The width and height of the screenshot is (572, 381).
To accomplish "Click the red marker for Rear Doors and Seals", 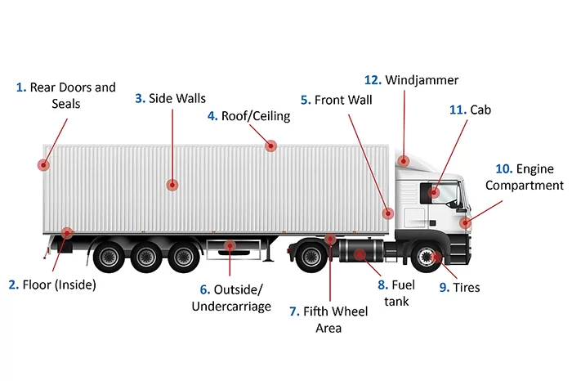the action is (43, 165).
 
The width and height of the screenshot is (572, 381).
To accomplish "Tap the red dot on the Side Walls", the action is (172, 185).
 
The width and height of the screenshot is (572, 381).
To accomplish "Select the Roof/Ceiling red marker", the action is (270, 146).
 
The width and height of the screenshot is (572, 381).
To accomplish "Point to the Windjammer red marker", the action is (404, 160).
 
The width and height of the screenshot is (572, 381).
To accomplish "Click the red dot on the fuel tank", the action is (360, 254).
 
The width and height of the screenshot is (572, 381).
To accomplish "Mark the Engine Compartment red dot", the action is (465, 222).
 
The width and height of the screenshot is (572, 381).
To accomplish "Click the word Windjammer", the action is (422, 80).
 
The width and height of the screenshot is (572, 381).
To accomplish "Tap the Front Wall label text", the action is (343, 100).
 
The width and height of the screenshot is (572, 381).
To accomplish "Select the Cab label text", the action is (480, 110).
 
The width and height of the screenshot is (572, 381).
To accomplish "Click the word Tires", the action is (467, 287).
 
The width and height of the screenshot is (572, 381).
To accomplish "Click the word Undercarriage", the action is (231, 306).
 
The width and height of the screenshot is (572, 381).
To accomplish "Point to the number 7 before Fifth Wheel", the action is (294, 312).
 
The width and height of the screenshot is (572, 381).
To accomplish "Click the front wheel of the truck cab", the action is (426, 257).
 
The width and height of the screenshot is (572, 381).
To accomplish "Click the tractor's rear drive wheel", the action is (311, 256).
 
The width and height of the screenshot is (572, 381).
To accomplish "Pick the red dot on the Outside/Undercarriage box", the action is (230, 245).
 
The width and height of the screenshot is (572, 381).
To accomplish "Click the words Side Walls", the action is (177, 98).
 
